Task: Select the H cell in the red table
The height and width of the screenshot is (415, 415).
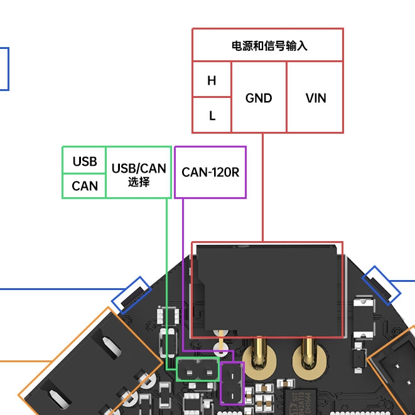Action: pyautogui.click(x=212, y=80)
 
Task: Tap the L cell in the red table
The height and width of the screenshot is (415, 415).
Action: pyautogui.click(x=212, y=116)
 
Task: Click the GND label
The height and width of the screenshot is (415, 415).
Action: pyautogui.click(x=259, y=98)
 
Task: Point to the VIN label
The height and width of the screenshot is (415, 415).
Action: pyautogui.click(x=316, y=98)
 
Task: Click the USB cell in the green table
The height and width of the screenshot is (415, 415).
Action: pyautogui.click(x=85, y=161)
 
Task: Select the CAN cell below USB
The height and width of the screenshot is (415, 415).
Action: pyautogui.click(x=85, y=186)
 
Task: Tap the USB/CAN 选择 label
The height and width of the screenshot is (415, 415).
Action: pyautogui.click(x=139, y=173)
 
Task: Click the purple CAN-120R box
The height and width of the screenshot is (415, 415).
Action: pyautogui.click(x=210, y=172)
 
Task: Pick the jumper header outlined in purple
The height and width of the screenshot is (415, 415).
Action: pyautogui.click(x=233, y=382)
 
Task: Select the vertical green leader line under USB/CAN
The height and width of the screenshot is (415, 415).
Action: pyautogui.click(x=166, y=276)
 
